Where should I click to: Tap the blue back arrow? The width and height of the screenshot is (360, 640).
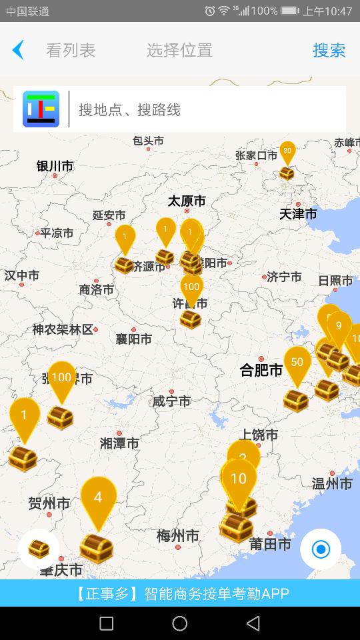point(18,50)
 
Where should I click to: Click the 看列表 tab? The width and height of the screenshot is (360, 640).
point(71,50)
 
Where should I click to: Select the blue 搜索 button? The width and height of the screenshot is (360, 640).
point(329,50)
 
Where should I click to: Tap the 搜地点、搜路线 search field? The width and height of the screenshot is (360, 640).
point(207,109)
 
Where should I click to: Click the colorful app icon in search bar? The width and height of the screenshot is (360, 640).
point(41,109)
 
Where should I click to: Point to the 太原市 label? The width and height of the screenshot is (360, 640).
point(187,201)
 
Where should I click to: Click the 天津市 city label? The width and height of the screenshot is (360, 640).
point(298,214)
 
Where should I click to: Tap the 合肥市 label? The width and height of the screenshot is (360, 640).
point(261,370)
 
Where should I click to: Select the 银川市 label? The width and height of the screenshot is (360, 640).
point(55,166)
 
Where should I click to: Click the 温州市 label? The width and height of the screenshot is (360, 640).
point(332,484)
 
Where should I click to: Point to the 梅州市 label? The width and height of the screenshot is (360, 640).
point(178,535)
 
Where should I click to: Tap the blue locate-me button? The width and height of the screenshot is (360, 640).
point(321,549)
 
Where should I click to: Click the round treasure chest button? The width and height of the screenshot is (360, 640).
point(39,549)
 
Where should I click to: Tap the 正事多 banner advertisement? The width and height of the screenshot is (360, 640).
point(180,593)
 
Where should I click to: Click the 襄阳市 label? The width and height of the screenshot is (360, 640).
point(133,339)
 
